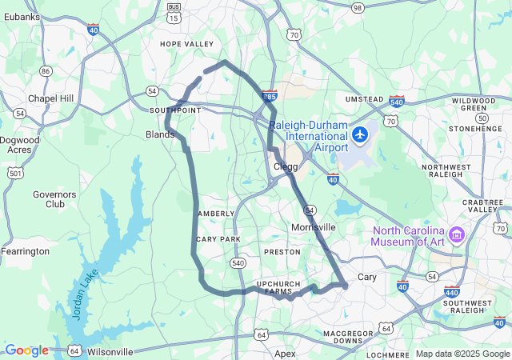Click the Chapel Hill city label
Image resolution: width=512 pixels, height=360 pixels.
coord(50,98)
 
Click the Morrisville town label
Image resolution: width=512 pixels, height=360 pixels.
coord(313,227)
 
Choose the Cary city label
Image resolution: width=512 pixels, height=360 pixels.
coord(366,277)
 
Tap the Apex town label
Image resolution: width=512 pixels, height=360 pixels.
coord(285,353)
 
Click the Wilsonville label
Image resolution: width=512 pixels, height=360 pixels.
coord(110,351)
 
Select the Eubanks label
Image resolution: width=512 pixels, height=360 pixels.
coord(21,16)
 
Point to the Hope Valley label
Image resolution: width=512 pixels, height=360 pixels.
coord(187,43)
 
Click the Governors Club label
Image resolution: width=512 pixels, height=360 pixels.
coord(54,198)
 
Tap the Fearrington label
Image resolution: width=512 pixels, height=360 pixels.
coord(25,251)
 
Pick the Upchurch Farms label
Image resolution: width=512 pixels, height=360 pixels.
coord(279,288)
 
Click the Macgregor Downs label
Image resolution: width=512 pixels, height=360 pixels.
coord(348,336)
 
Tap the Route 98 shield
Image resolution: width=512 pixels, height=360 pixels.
coord(358,7)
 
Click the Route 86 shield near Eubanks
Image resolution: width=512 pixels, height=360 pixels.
coord(46,71)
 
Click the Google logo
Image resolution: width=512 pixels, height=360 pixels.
coord(26,350)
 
